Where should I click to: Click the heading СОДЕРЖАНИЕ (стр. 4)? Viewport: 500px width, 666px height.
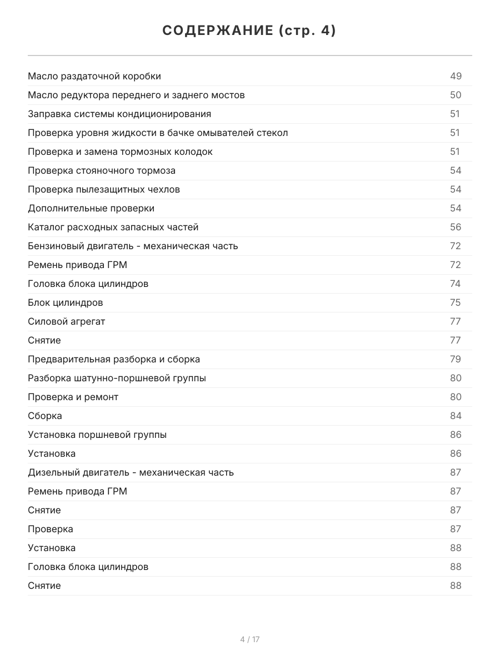(249, 31)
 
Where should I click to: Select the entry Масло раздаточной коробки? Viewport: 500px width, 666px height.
(94, 76)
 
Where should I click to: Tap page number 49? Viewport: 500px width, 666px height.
(456, 76)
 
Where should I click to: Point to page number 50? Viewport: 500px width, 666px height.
(456, 95)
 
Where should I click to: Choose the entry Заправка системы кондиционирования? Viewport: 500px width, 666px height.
(119, 114)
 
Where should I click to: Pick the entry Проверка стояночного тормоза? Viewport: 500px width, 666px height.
(102, 170)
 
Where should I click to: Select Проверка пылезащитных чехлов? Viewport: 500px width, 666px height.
(104, 189)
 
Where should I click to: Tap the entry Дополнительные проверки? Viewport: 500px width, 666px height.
(91, 208)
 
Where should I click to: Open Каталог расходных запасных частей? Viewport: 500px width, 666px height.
(113, 227)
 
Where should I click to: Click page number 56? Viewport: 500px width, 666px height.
(456, 227)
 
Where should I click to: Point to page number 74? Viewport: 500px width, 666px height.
(456, 284)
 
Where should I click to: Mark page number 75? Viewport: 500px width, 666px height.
(456, 302)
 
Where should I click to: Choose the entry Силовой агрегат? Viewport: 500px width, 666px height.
(66, 321)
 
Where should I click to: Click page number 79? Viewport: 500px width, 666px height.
(456, 359)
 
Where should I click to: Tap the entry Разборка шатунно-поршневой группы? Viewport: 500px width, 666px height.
(117, 378)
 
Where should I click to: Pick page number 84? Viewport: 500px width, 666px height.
(456, 416)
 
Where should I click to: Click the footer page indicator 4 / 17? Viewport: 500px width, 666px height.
(250, 639)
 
